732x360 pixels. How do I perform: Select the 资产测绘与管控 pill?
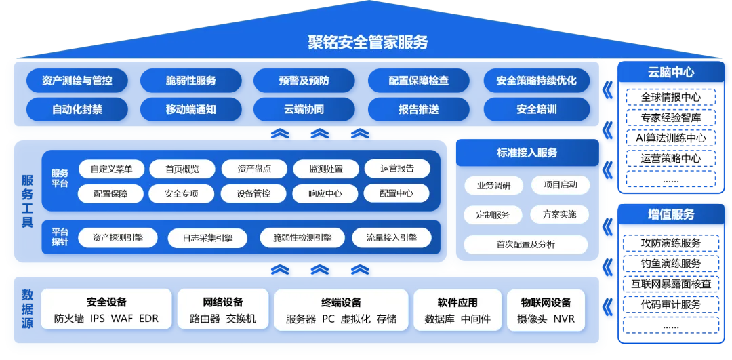coord(77,81)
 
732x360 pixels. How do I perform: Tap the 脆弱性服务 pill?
coord(191,81)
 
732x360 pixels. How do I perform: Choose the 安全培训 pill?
coord(536,109)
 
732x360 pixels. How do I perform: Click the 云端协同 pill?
coord(304,109)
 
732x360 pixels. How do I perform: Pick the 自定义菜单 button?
coord(112,169)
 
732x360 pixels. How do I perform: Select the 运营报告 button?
coord(397,168)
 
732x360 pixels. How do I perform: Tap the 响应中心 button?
coord(325,193)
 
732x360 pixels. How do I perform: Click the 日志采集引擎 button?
coord(207,238)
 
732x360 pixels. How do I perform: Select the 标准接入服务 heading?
coord(527,153)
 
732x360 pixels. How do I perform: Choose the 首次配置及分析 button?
coord(525,245)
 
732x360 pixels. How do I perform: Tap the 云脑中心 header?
coord(671,72)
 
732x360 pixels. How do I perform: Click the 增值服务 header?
coord(671,214)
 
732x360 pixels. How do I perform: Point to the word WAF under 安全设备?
coord(122,319)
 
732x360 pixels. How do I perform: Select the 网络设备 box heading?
coord(223,302)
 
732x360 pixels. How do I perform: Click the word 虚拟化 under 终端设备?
coord(356,319)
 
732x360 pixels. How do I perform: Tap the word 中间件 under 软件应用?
coord(476,319)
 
